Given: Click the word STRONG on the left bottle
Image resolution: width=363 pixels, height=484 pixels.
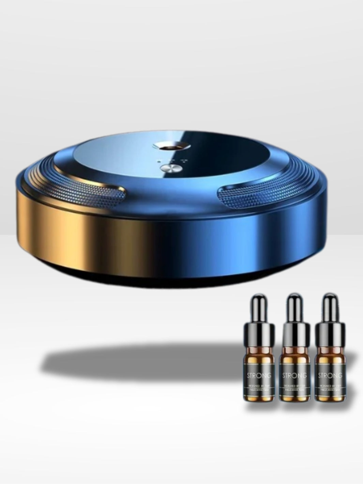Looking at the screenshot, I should [259, 375].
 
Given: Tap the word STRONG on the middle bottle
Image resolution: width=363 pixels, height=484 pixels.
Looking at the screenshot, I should [295, 375].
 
